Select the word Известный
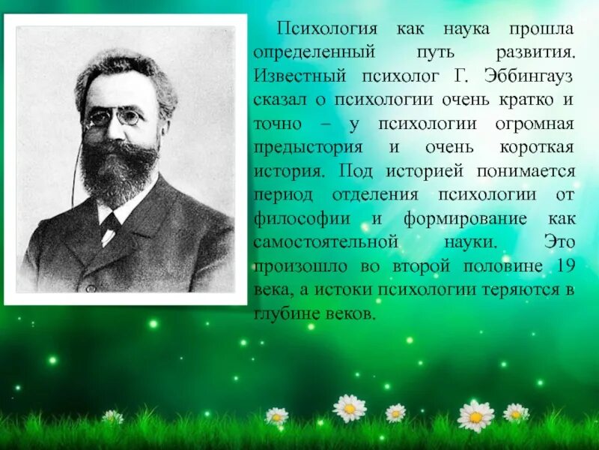point(294,76)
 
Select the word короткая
point(535,147)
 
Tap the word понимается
point(529,171)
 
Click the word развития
point(535,52)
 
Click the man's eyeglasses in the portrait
point(114,118)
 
